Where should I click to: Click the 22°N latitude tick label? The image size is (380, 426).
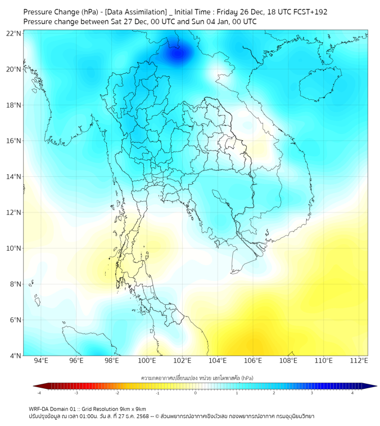pyautogui.click(x=14, y=33)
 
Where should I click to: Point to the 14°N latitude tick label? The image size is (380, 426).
pyautogui.click(x=14, y=177)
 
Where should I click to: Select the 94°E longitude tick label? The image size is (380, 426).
pyautogui.click(x=41, y=361)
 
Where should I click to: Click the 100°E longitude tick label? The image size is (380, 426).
pyautogui.click(x=147, y=361)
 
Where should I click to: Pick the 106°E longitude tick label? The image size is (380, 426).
pyautogui.click(x=253, y=361)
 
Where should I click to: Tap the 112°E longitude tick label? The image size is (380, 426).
pyautogui.click(x=359, y=361)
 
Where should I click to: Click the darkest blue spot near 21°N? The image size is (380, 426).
pyautogui.click(x=178, y=54)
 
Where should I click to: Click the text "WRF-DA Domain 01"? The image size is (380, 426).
pyautogui.click(x=54, y=409)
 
